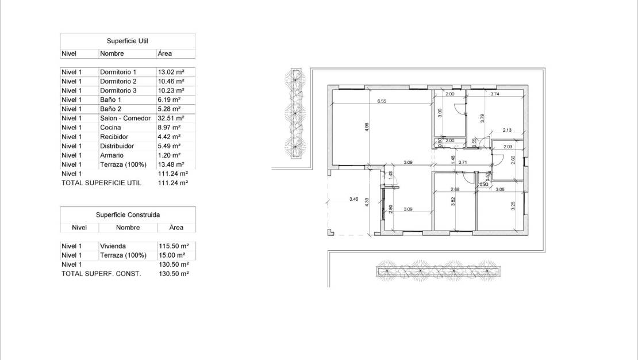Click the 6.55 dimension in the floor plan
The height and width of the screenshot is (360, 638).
(381, 101)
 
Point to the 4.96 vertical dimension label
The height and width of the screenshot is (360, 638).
(367, 128)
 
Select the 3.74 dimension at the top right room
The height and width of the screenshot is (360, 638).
(494, 94)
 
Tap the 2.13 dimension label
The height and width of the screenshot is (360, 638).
(506, 130)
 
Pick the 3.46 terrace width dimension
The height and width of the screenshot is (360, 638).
(354, 200)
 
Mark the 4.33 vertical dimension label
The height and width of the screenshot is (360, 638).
(367, 204)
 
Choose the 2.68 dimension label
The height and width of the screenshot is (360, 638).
(455, 189)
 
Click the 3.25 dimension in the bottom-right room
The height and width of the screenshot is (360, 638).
(513, 205)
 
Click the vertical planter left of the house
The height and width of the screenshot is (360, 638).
(295, 113)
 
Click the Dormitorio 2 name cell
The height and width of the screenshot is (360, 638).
(118, 81)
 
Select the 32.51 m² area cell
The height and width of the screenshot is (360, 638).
(171, 118)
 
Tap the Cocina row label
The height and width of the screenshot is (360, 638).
(110, 127)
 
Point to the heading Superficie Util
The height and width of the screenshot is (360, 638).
(128, 41)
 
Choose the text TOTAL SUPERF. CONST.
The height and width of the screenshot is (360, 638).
(101, 274)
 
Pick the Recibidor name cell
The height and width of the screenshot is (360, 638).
(114, 136)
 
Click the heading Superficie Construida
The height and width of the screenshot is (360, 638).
(128, 215)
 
